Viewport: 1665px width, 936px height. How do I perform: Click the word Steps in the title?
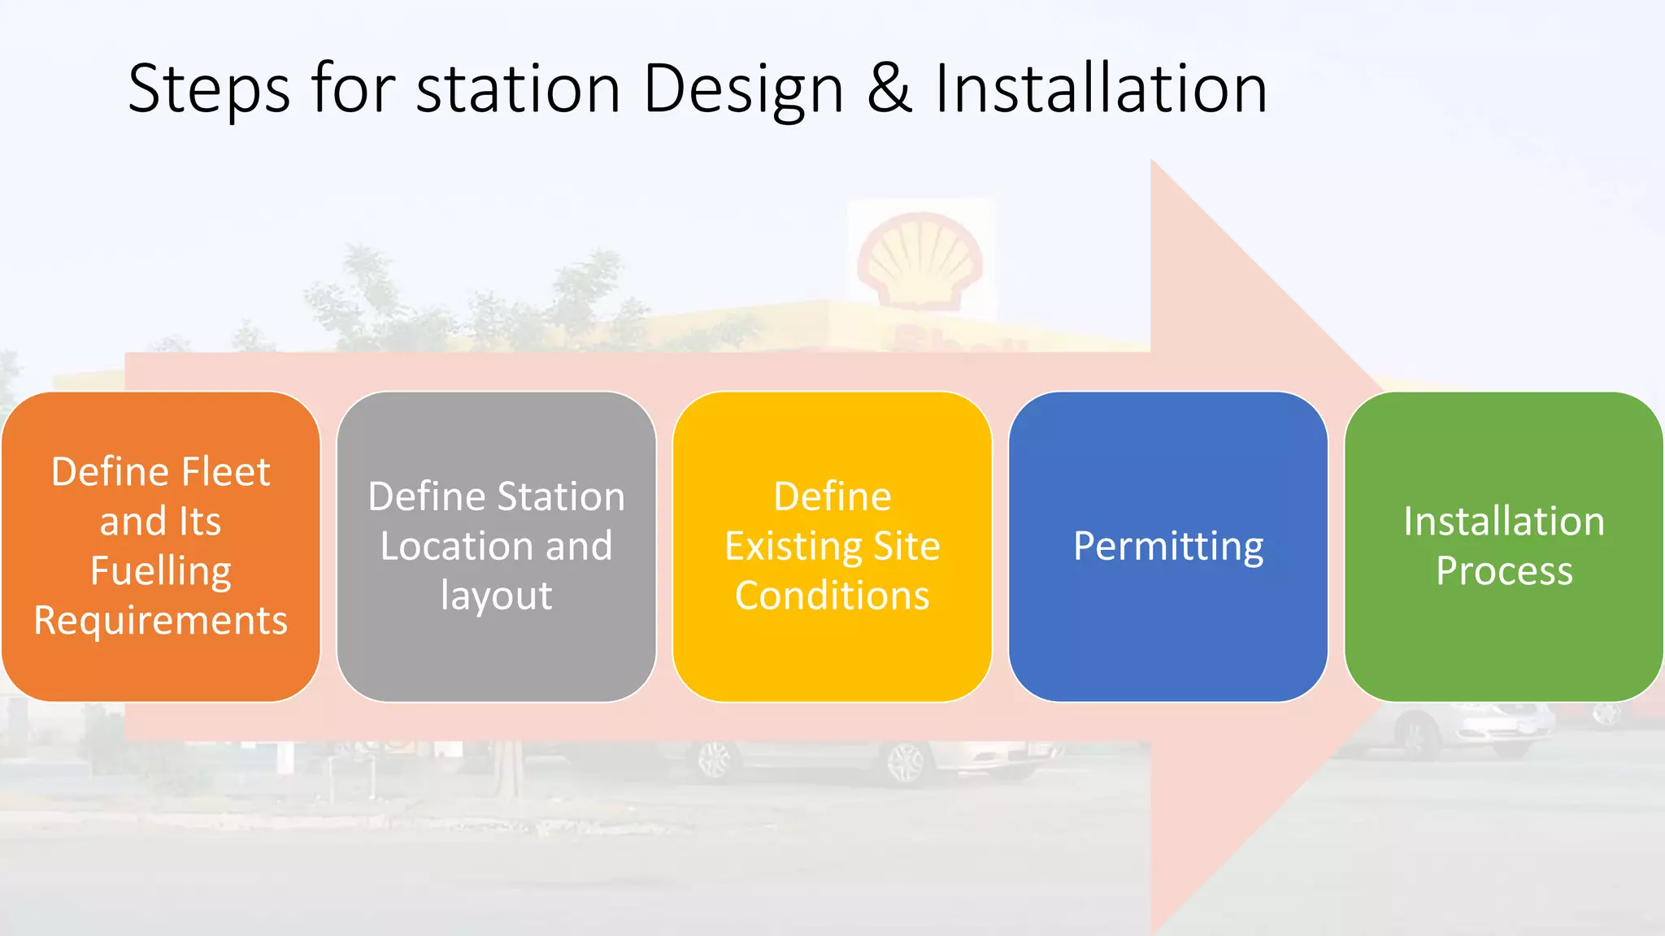click(x=209, y=89)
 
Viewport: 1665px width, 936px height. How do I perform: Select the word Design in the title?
click(x=743, y=89)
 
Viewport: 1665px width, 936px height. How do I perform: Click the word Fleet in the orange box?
click(x=226, y=472)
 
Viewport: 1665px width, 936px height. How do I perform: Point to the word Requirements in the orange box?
click(x=160, y=621)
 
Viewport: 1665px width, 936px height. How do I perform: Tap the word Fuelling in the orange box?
click(x=160, y=571)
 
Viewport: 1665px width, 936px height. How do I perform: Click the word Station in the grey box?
click(x=561, y=496)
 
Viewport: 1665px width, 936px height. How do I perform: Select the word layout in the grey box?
click(x=496, y=596)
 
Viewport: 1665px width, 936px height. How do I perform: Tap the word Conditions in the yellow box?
click(x=832, y=596)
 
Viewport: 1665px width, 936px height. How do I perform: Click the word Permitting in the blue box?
click(x=1168, y=547)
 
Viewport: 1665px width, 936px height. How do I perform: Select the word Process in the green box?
click(x=1504, y=571)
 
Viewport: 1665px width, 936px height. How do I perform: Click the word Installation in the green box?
click(x=1504, y=522)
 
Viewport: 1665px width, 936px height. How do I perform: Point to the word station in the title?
click(x=519, y=89)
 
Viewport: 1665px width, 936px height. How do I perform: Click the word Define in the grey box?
click(x=426, y=496)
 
